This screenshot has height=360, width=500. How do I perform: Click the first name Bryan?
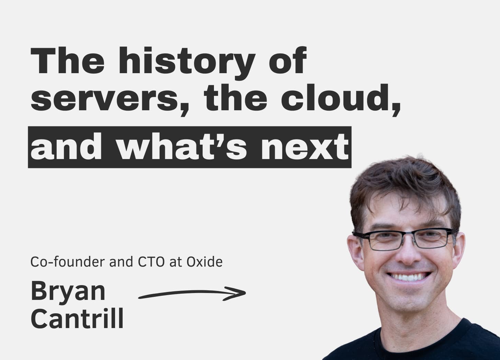point(68,291)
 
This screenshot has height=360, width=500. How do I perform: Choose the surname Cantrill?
point(77,318)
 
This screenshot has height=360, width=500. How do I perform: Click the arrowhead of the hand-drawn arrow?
point(240,293)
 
